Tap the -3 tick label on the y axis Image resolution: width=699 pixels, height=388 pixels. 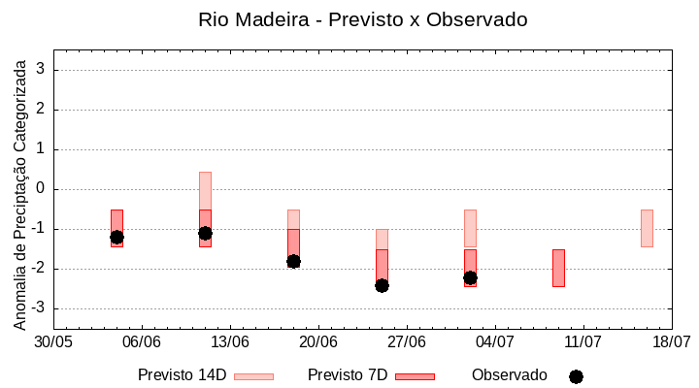click(x=39, y=308)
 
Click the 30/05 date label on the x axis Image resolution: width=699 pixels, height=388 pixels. click(x=53, y=341)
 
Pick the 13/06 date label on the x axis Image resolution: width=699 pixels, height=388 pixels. click(x=230, y=341)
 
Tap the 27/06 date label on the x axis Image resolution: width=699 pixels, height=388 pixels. click(x=407, y=341)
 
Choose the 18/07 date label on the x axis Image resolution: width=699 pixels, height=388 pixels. click(x=672, y=341)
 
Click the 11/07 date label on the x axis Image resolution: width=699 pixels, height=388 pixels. click(x=583, y=341)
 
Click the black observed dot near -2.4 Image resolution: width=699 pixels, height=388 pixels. click(x=382, y=285)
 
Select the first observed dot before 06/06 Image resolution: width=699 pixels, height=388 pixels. click(x=116, y=237)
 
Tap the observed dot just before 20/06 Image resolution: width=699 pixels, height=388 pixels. click(x=293, y=261)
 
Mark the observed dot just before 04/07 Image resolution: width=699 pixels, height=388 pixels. click(x=470, y=277)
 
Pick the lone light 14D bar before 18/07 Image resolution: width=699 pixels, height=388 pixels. click(x=647, y=228)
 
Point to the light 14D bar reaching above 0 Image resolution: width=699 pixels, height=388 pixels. click(x=205, y=190)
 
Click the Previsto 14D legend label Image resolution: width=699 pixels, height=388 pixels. click(x=182, y=374)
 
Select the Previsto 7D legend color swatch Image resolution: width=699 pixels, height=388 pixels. click(x=415, y=375)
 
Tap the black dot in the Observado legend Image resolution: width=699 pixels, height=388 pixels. click(x=576, y=376)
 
